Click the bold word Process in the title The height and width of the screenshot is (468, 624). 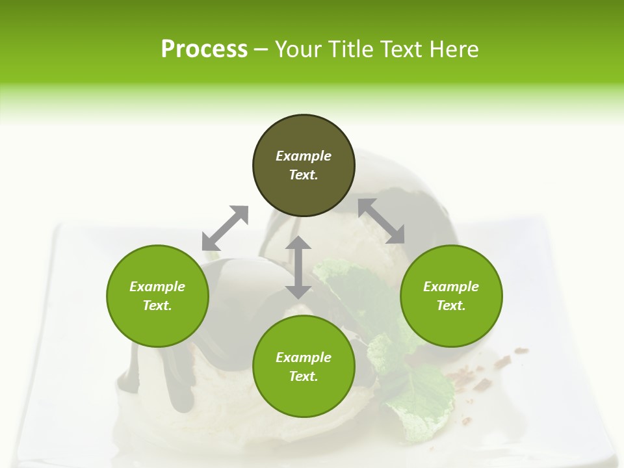(204, 49)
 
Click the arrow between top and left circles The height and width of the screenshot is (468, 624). (225, 228)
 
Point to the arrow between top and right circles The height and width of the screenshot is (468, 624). (382, 221)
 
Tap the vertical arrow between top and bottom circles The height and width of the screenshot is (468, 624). (298, 267)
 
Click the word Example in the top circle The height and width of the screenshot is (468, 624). (304, 156)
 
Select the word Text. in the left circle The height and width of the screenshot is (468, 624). (157, 305)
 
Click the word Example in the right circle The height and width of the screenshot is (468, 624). (451, 287)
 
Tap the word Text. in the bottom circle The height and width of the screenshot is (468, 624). (304, 376)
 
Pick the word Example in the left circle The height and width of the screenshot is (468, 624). (157, 287)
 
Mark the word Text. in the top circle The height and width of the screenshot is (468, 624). (304, 175)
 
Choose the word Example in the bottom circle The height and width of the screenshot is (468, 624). (304, 357)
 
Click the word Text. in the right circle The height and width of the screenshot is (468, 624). (451, 305)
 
